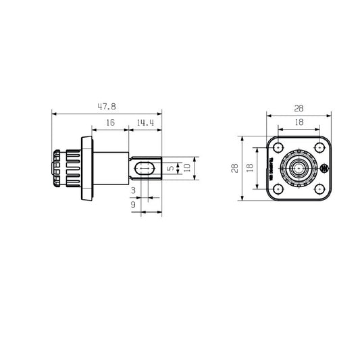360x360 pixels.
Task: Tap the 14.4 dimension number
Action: [x=145, y=123]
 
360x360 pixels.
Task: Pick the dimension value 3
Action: [x=134, y=190]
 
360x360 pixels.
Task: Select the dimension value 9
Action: [x=134, y=204]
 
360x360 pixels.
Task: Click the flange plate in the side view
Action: [x=88, y=168]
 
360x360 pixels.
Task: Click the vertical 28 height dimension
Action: [x=234, y=168]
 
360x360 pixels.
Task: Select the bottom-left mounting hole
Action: [x=278, y=188]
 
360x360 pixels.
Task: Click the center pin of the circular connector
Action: [x=298, y=168]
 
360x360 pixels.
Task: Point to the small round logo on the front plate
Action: [x=324, y=168]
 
